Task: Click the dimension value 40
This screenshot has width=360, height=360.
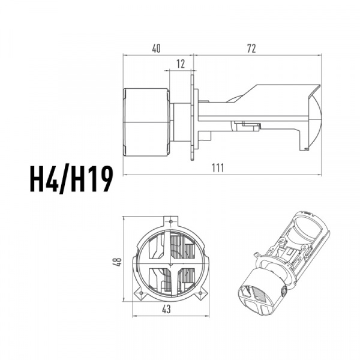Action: [157, 49]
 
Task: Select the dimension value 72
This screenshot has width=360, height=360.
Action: [251, 49]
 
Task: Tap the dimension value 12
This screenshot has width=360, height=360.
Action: [181, 64]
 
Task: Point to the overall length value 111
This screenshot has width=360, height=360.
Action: [218, 168]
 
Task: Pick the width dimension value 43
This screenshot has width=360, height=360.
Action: [166, 309]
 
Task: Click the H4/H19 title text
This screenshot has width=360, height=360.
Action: [71, 179]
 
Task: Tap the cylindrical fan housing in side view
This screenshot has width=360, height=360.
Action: [146, 122]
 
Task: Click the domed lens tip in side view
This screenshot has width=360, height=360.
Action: [316, 118]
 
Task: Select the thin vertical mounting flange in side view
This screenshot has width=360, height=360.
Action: [192, 115]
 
